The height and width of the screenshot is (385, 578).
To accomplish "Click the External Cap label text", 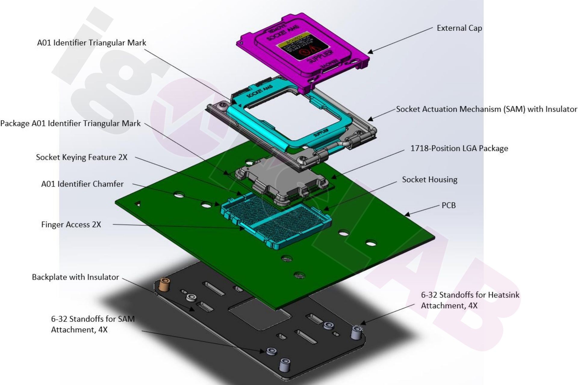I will point(459,28).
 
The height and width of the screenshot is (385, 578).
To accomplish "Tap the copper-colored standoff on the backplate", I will point(163,285).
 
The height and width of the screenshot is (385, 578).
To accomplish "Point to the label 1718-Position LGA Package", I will point(459,148).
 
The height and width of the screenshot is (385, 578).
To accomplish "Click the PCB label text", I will point(448,205).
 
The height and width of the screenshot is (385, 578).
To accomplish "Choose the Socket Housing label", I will point(430,180).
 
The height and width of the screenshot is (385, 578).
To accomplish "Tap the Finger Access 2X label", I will point(71,225).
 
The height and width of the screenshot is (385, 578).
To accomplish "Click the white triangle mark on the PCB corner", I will point(138,204).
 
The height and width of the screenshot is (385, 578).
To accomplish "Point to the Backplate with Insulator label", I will point(75,277).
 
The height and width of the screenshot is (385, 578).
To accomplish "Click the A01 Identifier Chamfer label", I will point(82,184).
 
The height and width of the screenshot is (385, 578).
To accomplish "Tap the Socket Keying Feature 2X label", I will point(82,157).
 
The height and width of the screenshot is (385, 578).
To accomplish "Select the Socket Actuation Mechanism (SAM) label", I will point(486,109).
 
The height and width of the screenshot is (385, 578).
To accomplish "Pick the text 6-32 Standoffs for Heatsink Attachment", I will point(470,300).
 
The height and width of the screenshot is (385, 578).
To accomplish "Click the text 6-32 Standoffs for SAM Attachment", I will point(93,324).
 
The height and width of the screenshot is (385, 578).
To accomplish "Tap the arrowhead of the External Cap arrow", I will point(370,52).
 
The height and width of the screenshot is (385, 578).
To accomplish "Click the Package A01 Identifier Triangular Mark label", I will point(70,123).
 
